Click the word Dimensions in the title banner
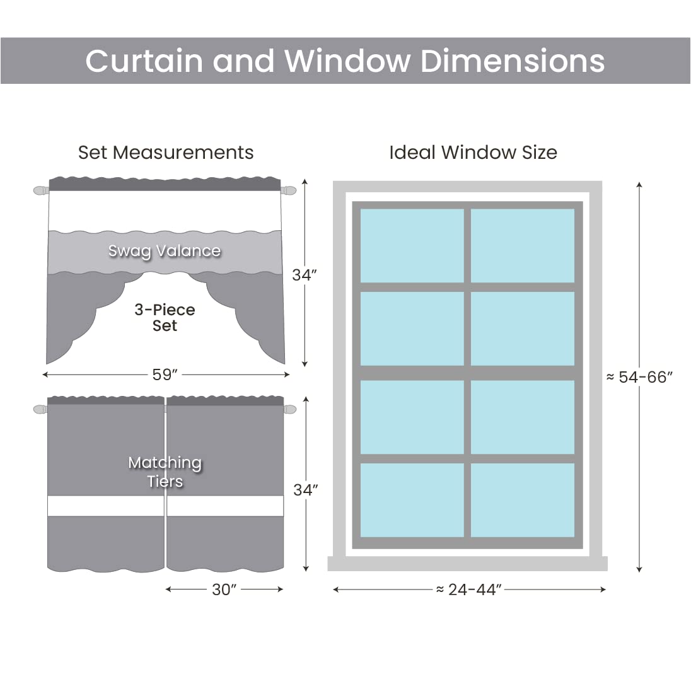pos(512,61)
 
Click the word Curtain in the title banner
pos(145,61)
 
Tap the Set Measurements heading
pos(166,153)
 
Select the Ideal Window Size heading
pos(473,153)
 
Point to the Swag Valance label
pos(165,251)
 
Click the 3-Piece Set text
pos(165,318)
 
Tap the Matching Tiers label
pos(165,472)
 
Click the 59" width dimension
pos(165,375)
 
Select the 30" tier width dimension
pos(224,589)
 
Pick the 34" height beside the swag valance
pos(305,275)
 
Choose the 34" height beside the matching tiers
pos(306,490)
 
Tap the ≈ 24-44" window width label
pos(469,589)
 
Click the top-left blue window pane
pos(412,246)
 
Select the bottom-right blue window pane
pos(523,500)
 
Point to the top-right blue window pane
pos(523,246)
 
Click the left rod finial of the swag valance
pos(40,190)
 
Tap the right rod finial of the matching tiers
pos(289,410)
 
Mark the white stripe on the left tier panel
pos(106,506)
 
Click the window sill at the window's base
pos(467,564)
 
